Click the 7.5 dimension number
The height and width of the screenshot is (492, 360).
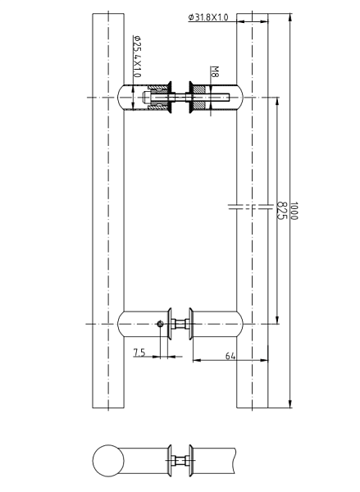pyautogui.click(x=140, y=353)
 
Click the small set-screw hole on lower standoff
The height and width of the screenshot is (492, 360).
pyautogui.click(x=159, y=325)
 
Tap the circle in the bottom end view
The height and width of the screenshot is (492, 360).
pyautogui.click(x=107, y=460)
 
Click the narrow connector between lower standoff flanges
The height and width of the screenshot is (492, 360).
pyautogui.click(x=180, y=324)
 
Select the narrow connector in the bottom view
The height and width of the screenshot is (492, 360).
pyautogui.click(x=180, y=460)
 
